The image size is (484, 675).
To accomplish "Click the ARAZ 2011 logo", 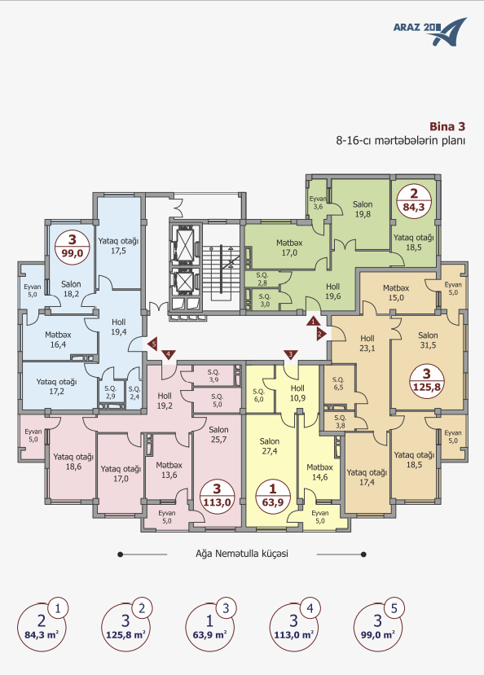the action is pos(429,31).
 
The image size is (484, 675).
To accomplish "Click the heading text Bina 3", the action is pos(447,126).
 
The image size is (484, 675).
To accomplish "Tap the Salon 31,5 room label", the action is pos(428,340).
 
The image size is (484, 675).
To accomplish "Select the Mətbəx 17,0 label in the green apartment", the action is pos(289,248).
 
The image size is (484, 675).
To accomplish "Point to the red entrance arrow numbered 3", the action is pos(291,354).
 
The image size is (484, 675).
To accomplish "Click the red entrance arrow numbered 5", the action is pos(152,344).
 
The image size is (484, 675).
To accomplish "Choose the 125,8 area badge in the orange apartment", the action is pos(427,381).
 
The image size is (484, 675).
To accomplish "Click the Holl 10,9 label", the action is pos(297,393).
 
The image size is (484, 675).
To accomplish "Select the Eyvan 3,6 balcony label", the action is pos(318,203).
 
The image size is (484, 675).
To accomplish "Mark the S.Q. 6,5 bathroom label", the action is pos(338,384).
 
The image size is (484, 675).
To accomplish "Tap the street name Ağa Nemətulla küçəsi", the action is pos(242,554).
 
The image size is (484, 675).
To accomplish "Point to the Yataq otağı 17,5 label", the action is pos(118,246).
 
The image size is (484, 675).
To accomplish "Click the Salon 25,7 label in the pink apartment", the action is pos(218,434).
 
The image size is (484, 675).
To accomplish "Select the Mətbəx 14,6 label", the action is pos(319,472).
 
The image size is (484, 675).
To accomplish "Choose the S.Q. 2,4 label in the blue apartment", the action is pos(134,392).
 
